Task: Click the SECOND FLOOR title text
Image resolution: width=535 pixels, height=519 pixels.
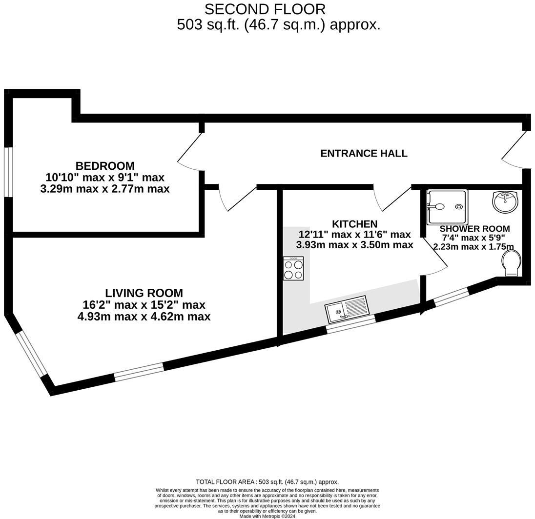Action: [x=265, y=9]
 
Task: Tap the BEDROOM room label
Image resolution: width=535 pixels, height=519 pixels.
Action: [x=105, y=166]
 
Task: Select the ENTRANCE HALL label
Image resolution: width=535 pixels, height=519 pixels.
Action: [x=364, y=153]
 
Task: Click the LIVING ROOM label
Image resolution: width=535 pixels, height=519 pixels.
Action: [x=144, y=293]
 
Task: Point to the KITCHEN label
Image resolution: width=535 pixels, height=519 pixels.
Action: [x=354, y=224]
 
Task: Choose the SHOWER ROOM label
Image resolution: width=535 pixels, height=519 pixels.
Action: [x=474, y=229]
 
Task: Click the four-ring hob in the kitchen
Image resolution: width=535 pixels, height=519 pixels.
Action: [x=293, y=268]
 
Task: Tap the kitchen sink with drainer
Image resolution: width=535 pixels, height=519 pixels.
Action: [x=348, y=309]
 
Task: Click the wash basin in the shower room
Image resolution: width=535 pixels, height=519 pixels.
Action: [x=506, y=201]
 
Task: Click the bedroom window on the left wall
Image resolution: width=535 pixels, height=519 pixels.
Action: [x=8, y=172]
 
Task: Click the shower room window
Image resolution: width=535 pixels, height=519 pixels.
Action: [x=451, y=297]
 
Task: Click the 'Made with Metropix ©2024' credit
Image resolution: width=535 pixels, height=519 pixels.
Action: [x=267, y=516]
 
